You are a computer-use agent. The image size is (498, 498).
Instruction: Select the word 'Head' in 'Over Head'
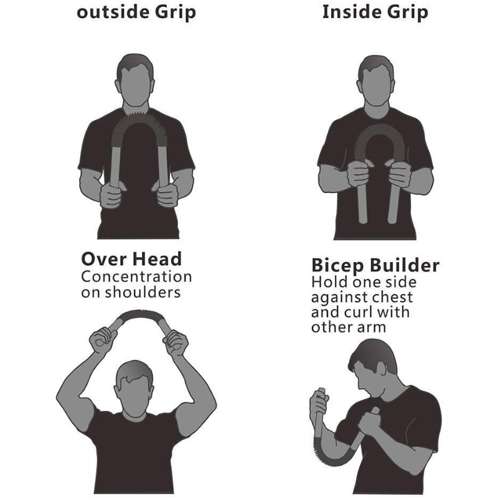(157, 259)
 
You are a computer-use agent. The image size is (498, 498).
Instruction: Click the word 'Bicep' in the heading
(337, 266)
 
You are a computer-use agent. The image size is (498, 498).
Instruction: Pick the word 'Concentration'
(136, 276)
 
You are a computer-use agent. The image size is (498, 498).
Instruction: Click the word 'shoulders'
(143, 292)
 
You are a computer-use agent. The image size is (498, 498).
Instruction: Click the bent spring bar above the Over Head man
(139, 314)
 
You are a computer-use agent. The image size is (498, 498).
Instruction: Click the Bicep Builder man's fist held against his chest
(370, 422)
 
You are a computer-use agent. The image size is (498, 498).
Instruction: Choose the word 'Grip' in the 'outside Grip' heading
(176, 12)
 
